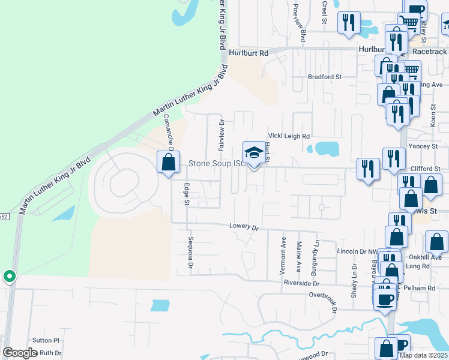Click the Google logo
[x=20, y=353]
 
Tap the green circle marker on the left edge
[x=9, y=277]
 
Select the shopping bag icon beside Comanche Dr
[x=168, y=162]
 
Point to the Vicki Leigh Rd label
[x=289, y=136]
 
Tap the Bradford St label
[x=324, y=77]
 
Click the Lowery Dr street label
[x=243, y=227]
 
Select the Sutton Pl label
[x=46, y=340]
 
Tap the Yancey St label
[x=423, y=146]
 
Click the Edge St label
[x=186, y=194]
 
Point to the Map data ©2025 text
[x=423, y=355]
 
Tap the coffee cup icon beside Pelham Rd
[x=385, y=298]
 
